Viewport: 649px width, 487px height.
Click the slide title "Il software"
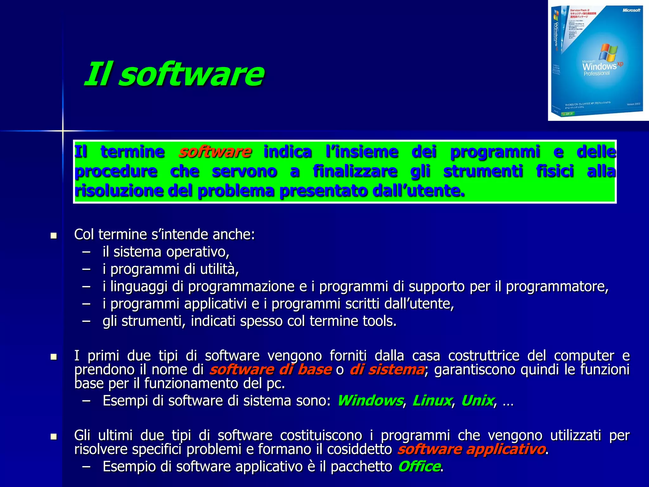click(174, 74)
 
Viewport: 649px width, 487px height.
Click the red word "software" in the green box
click(215, 152)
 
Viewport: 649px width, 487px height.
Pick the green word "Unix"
click(477, 401)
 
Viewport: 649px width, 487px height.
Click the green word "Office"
click(419, 466)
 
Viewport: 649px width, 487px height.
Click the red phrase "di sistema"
click(387, 370)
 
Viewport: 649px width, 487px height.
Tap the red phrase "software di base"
click(271, 370)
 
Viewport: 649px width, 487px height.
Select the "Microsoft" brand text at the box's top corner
click(631, 10)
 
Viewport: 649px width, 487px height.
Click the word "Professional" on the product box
click(597, 74)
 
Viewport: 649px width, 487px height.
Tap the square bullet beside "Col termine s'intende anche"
click(54, 236)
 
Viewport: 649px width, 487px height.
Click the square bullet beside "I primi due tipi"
click(54, 357)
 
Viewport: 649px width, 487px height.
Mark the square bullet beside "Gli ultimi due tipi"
click(54, 437)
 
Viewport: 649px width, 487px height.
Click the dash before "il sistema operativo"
click(86, 252)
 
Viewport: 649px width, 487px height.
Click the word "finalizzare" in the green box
click(355, 172)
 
